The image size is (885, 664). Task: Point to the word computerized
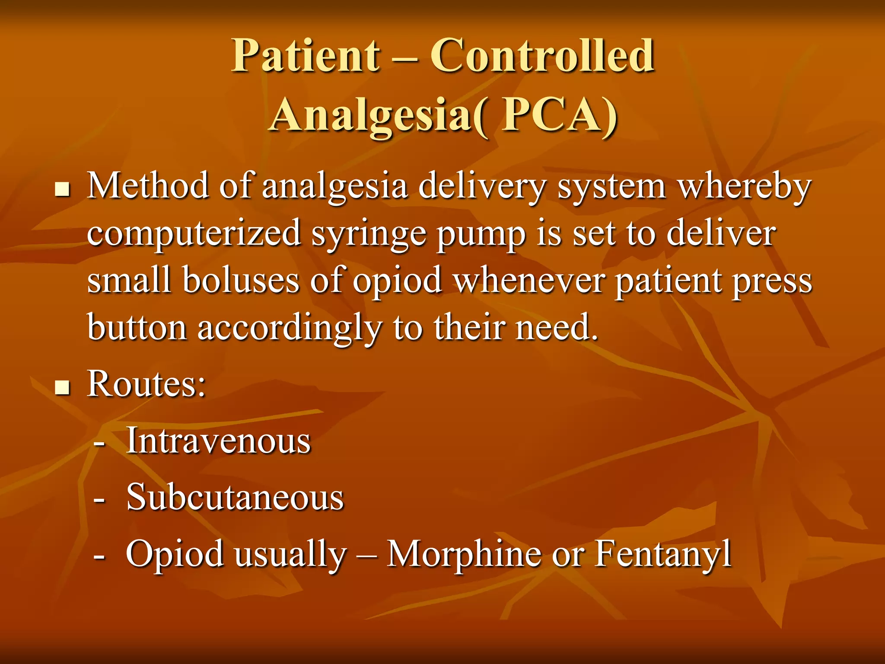[194, 234]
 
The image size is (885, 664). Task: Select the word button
[137, 327]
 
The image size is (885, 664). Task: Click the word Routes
[146, 383]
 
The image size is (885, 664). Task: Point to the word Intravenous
[218, 441]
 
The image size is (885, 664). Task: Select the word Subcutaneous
[235, 497]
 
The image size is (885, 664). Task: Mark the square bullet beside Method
[63, 189]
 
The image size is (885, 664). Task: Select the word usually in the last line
[290, 555]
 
